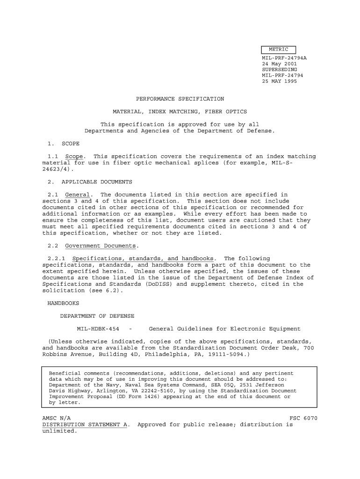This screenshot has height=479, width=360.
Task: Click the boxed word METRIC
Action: coord(279,50)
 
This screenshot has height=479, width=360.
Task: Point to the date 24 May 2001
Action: coord(280,64)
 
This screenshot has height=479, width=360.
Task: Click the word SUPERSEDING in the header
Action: coord(280,69)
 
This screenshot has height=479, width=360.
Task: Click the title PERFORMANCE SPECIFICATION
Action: coord(180,99)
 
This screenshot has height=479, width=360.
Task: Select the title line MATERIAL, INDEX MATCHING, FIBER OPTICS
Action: coord(180,112)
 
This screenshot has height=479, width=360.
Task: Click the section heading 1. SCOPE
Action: coord(64,144)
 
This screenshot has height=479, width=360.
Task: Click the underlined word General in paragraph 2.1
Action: coord(78,195)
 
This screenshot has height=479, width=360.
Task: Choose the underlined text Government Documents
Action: coord(101,246)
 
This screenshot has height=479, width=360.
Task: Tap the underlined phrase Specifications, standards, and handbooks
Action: coord(144,259)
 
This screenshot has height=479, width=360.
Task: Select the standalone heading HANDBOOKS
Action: coord(64,303)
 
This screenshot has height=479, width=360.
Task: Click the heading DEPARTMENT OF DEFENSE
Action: coord(97,316)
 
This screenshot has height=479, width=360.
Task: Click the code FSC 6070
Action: coord(304,418)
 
